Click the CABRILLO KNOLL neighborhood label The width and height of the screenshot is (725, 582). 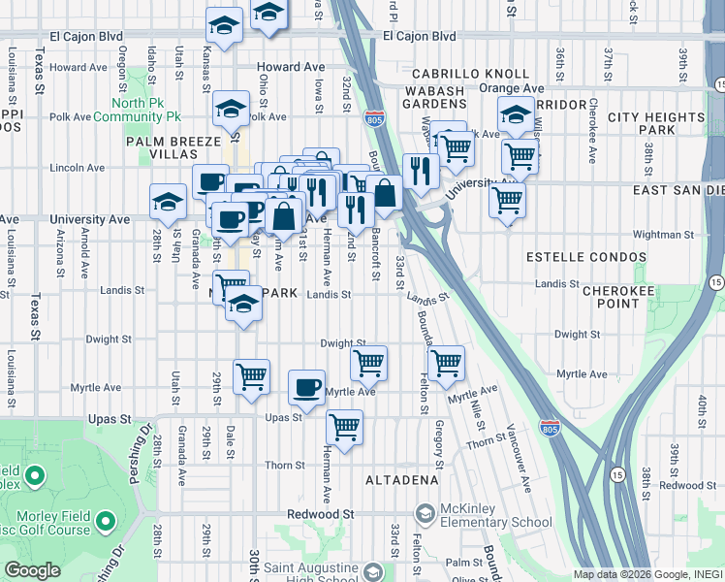pyautogui.click(x=470, y=74)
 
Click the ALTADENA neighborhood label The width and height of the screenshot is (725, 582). pyautogui.click(x=401, y=480)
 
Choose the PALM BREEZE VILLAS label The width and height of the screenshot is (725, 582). pyautogui.click(x=174, y=147)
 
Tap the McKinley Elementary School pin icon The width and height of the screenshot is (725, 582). pyautogui.click(x=424, y=512)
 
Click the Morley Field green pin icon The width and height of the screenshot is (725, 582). pyautogui.click(x=35, y=477)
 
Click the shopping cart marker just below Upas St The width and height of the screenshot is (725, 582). pyautogui.click(x=344, y=426)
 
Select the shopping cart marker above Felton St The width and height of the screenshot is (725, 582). pyautogui.click(x=446, y=364)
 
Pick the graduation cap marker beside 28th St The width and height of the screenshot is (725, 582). pyautogui.click(x=168, y=202)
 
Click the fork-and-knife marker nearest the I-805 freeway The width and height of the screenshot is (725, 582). pyautogui.click(x=420, y=171)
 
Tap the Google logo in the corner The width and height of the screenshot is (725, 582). pyautogui.click(x=32, y=570)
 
